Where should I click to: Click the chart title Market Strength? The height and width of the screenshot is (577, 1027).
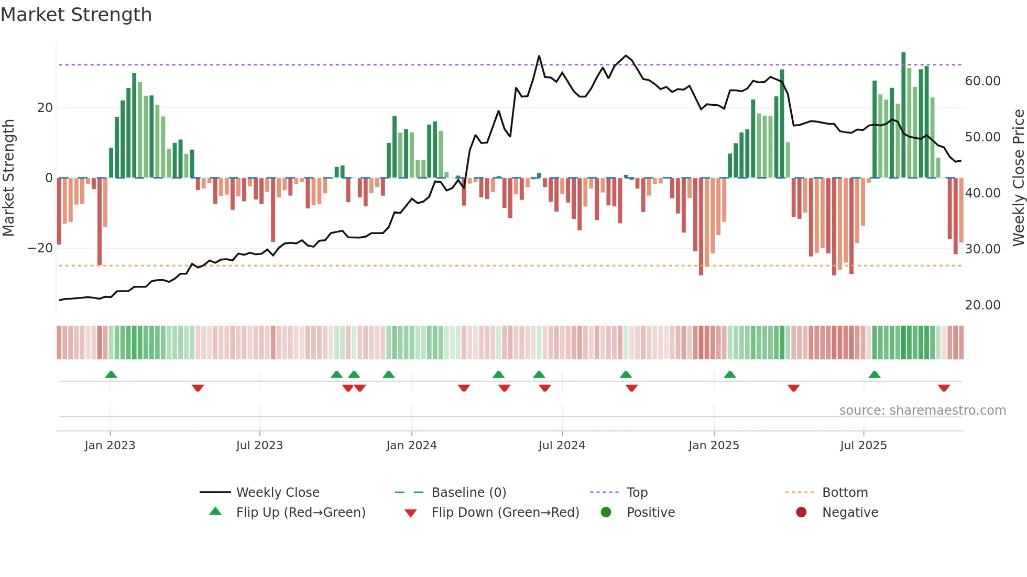click(x=76, y=15)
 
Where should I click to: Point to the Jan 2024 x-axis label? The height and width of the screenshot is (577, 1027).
click(x=411, y=445)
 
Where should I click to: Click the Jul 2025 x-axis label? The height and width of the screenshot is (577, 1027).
click(x=863, y=445)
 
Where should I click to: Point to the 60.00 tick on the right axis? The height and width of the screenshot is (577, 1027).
click(x=982, y=81)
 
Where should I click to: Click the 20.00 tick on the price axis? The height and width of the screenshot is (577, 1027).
click(x=982, y=305)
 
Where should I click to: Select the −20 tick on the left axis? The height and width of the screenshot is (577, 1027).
click(x=40, y=248)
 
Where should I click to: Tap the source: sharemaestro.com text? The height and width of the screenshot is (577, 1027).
click(x=922, y=410)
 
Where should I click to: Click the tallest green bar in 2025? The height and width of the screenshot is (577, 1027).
click(x=903, y=115)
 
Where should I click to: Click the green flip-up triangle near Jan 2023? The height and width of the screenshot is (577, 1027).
click(x=111, y=374)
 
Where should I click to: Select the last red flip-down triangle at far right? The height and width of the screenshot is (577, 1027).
click(x=944, y=388)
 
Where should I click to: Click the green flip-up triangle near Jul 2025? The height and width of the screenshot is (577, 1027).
click(x=874, y=374)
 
